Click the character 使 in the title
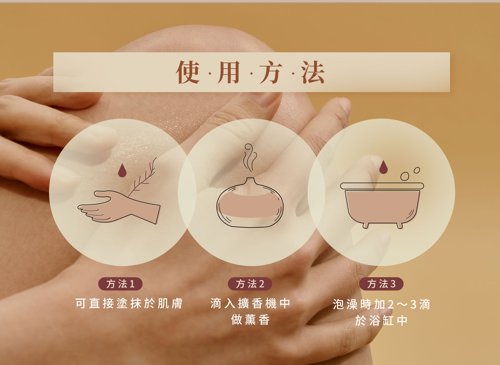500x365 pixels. pyautogui.click(x=187, y=72)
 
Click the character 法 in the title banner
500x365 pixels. pyautogui.click(x=312, y=72)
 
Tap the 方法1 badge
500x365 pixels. pyautogui.click(x=120, y=284)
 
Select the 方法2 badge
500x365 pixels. pyautogui.click(x=250, y=284)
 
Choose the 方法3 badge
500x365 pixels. pyautogui.click(x=381, y=284)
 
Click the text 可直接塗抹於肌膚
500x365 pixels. pyautogui.click(x=129, y=304)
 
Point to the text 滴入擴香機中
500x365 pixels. pyautogui.click(x=250, y=304)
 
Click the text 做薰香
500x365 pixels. pyautogui.click(x=250, y=320)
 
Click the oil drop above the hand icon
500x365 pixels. pyautogui.click(x=122, y=170)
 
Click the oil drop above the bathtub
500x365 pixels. pyautogui.click(x=383, y=167)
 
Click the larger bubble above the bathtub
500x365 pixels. pyautogui.click(x=405, y=176)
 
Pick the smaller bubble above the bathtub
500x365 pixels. pyautogui.click(x=417, y=170)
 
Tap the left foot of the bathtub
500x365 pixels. pyautogui.click(x=366, y=225)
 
